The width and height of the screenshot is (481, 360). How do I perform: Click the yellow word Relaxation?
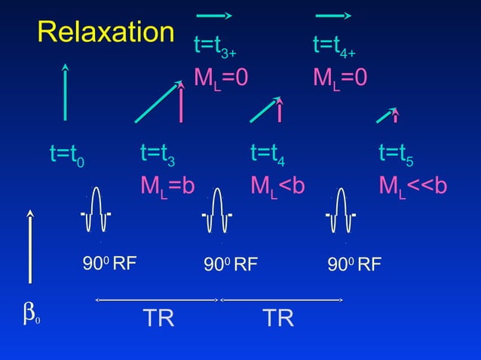pos(106,32)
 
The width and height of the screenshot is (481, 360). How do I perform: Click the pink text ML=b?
pos(167,185)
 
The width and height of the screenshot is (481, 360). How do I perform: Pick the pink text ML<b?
pos(277,185)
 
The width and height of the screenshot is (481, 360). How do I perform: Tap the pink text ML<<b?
pos(413,185)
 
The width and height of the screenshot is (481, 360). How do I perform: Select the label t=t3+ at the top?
pos(216,47)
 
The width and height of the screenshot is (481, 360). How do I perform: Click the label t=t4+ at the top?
pos(334,47)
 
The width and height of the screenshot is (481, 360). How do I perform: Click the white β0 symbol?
pos(31,317)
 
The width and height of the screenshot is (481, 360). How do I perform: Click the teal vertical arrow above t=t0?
pos(66,93)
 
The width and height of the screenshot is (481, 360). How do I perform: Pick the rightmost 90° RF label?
pos(354,264)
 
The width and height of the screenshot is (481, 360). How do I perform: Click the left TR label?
pos(159,318)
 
